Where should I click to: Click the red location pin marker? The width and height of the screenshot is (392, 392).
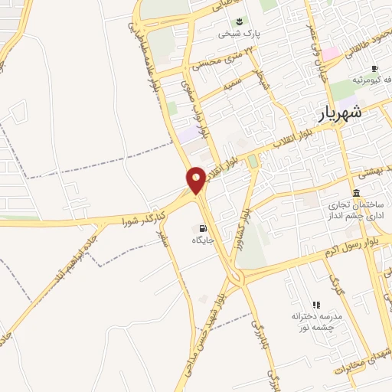click(x=197, y=179)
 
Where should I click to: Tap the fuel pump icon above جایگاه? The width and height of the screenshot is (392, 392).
click(x=203, y=227)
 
